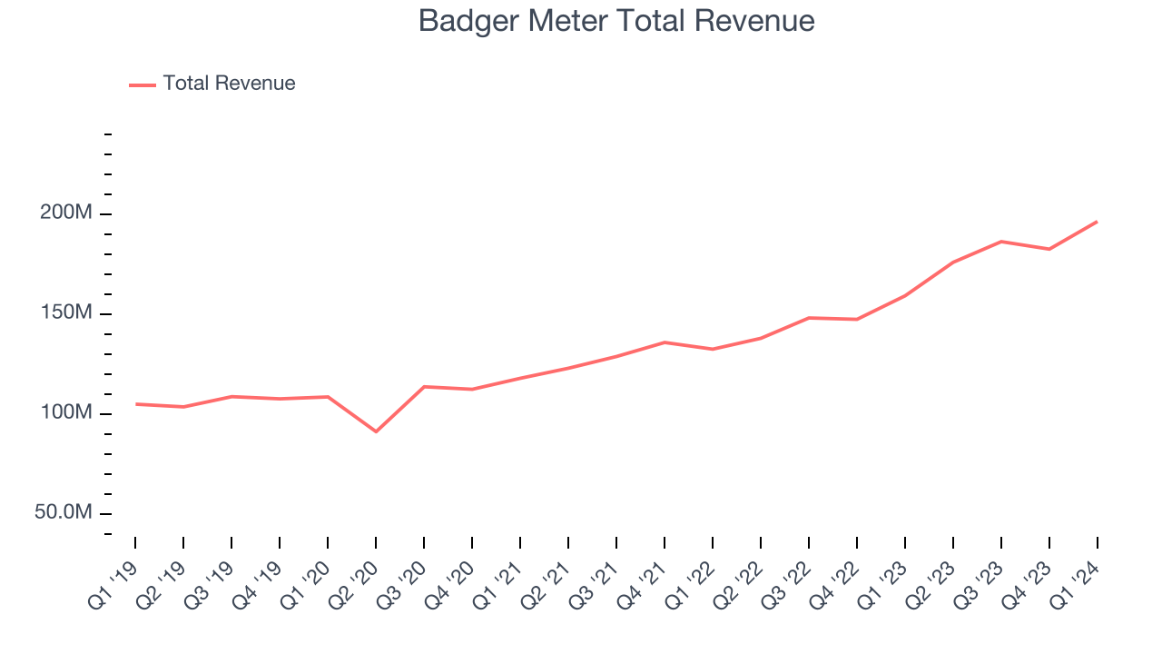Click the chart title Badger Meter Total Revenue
click(x=616, y=21)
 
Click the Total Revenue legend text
click(x=229, y=84)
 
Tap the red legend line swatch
click(x=143, y=84)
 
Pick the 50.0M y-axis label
click(x=64, y=513)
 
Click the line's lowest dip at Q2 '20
click(x=376, y=431)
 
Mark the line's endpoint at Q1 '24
click(x=1097, y=222)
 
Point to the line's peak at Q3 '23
click(x=1001, y=242)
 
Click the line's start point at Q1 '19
click(x=135, y=404)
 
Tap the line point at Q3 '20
click(x=424, y=387)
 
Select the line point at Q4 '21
click(x=665, y=342)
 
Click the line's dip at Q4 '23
click(x=1049, y=249)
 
